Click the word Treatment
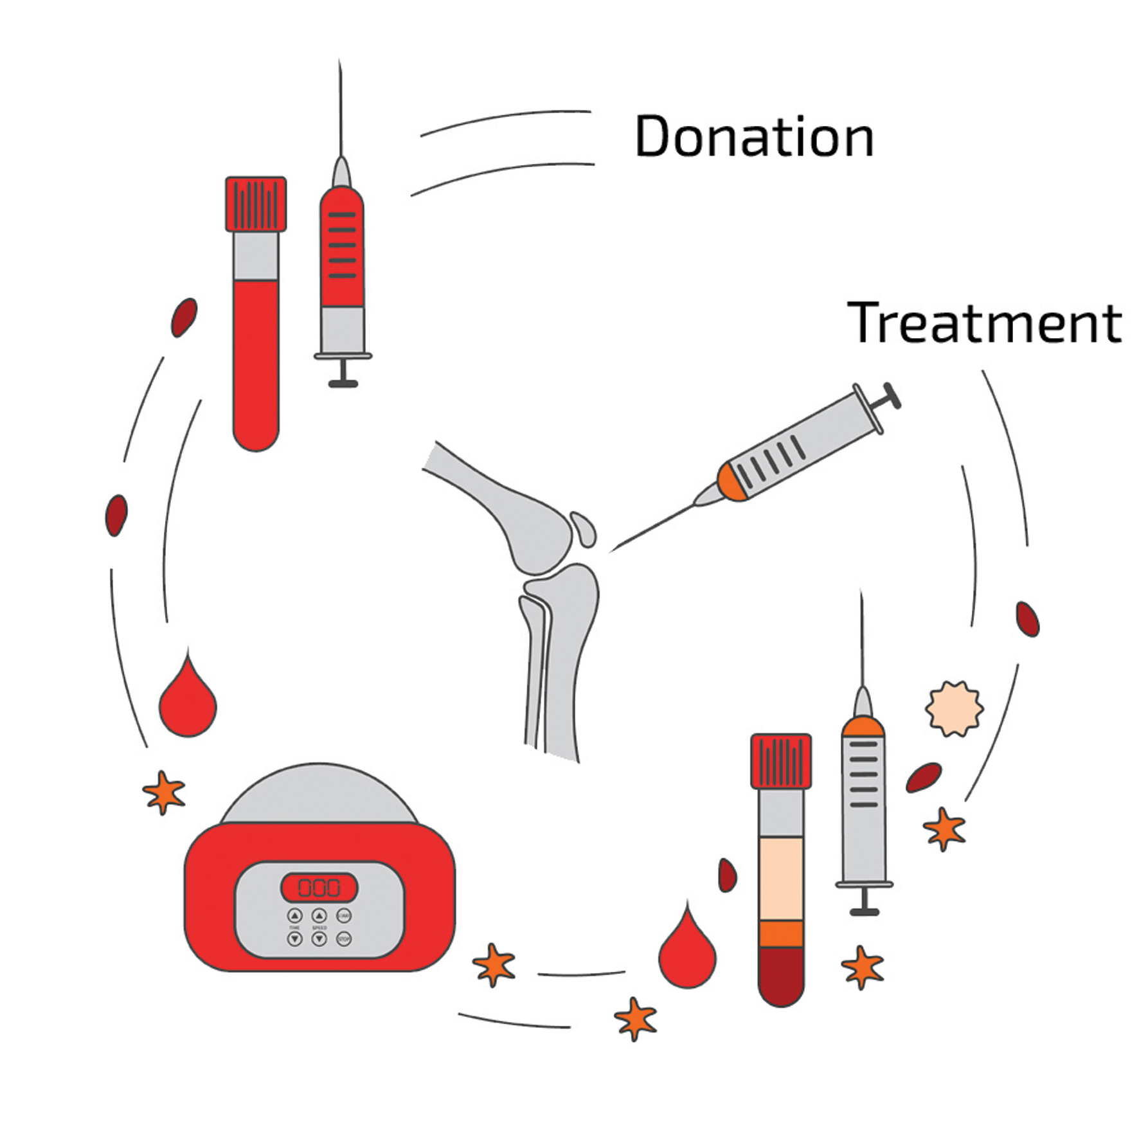click(984, 323)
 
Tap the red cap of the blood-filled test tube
click(256, 204)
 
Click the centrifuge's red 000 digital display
click(319, 888)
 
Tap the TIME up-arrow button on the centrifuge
click(295, 915)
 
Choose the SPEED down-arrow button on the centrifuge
click(319, 939)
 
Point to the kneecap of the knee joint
click(583, 528)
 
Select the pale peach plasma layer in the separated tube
click(781, 879)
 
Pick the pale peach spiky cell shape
click(955, 708)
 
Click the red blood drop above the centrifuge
click(188, 702)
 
